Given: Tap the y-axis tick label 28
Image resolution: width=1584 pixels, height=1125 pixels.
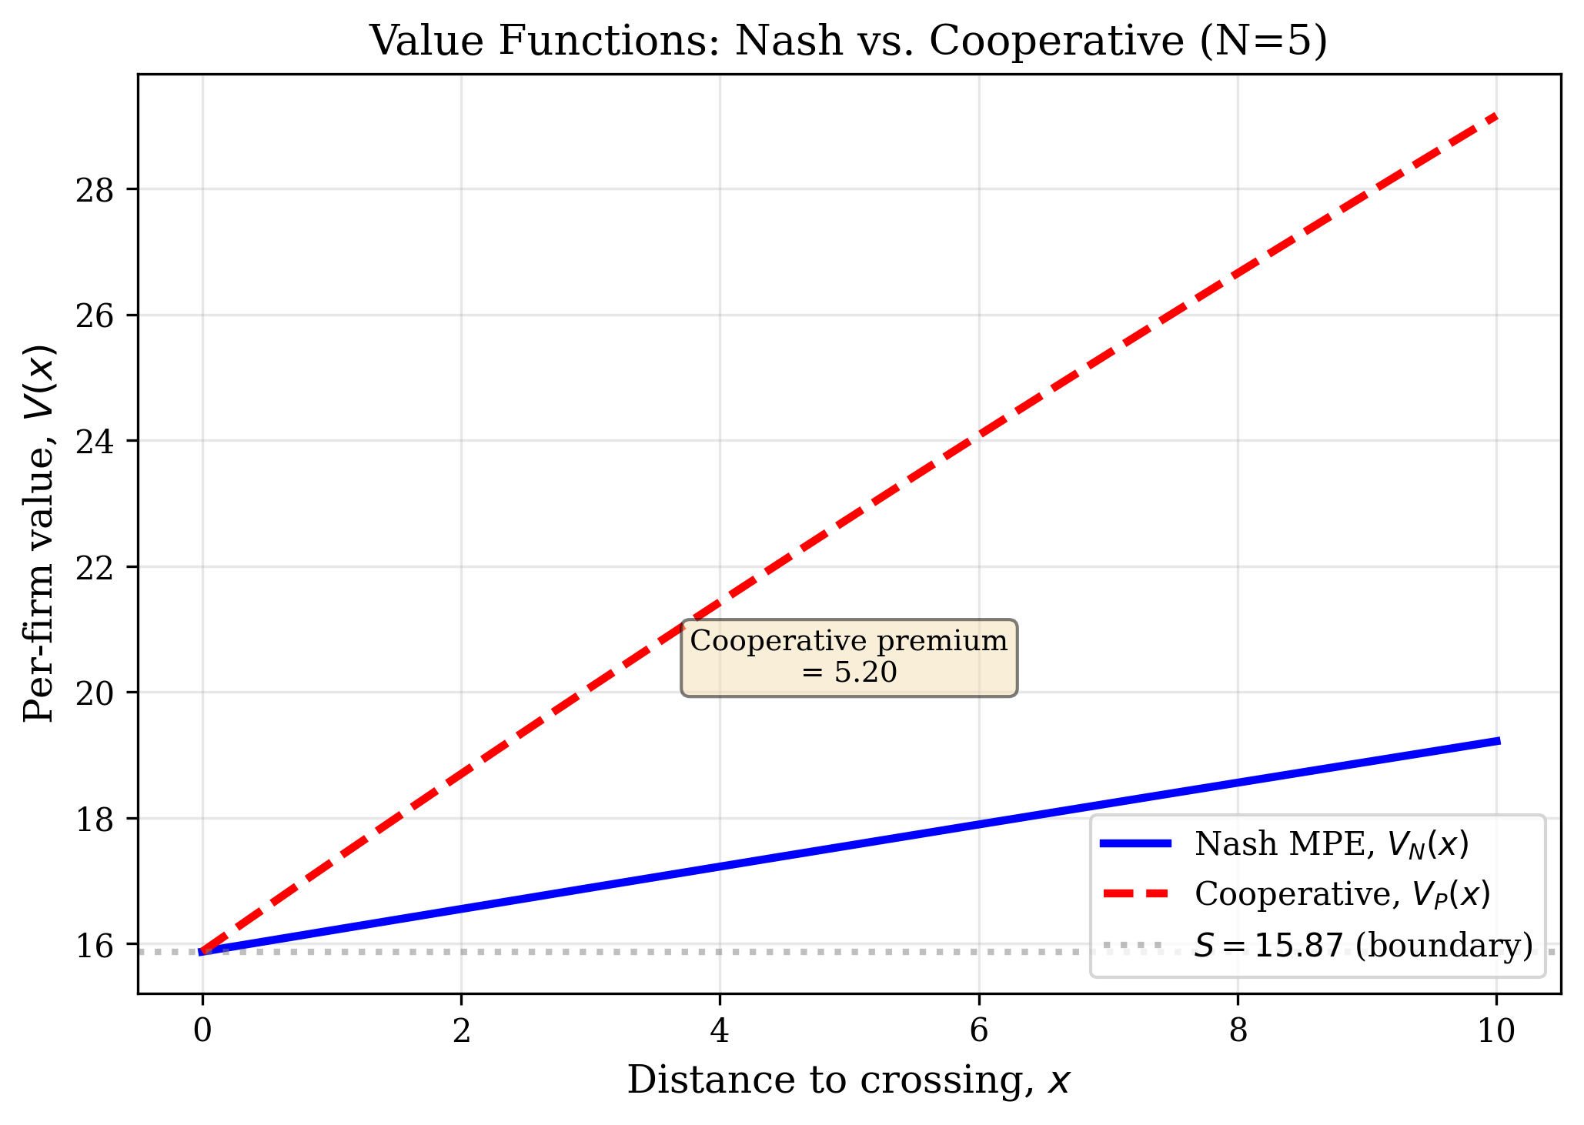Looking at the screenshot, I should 93,190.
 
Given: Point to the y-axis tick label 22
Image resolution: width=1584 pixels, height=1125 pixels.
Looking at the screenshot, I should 93,567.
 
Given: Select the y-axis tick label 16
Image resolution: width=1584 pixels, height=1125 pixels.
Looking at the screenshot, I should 93,944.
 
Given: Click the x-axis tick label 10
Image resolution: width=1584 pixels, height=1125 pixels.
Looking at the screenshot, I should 1495,1031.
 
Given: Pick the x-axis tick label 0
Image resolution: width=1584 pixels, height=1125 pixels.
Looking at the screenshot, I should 202,1031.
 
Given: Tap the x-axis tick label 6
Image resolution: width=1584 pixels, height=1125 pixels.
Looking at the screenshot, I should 978,1031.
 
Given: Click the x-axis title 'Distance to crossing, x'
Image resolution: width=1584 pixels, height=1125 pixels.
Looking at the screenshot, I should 848,1080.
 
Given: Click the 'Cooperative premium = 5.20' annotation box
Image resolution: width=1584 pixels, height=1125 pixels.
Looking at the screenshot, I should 849,657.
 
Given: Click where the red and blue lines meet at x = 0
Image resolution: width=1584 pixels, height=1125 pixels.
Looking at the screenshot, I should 202,952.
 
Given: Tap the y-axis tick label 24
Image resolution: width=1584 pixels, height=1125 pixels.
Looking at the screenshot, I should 93,442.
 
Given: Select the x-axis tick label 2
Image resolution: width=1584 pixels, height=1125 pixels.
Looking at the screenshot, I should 461,1031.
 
